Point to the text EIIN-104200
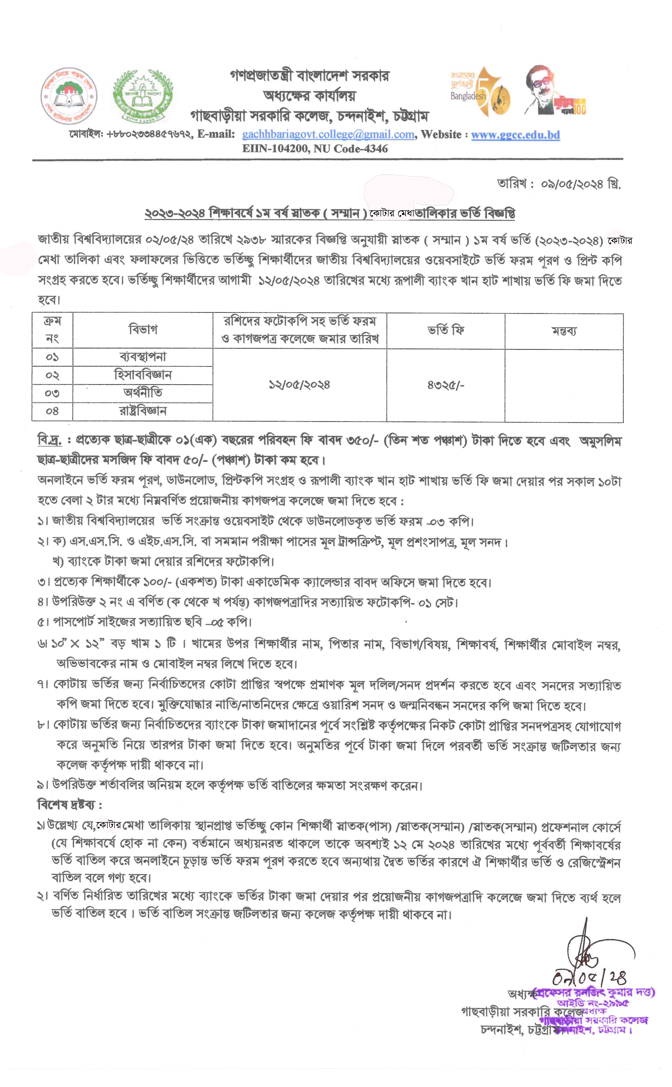275,148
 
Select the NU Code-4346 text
351,148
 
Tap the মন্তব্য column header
564,331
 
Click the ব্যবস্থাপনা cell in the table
143,357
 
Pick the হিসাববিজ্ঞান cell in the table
143,375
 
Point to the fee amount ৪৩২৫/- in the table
445,385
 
